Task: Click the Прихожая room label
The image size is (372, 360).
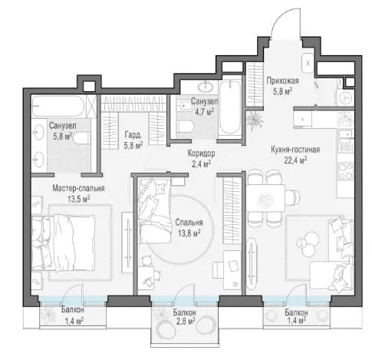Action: click(x=282, y=81)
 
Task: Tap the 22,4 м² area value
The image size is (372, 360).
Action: click(x=296, y=160)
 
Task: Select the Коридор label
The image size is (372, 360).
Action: click(x=201, y=154)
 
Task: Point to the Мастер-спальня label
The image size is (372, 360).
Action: click(x=78, y=188)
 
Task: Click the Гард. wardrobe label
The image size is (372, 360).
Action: click(x=133, y=134)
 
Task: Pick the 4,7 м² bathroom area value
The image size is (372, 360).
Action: click(x=202, y=112)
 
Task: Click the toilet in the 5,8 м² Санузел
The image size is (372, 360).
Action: click(x=81, y=138)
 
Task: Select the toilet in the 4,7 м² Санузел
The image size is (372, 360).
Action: click(x=186, y=127)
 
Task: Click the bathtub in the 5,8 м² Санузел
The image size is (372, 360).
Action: click(x=58, y=106)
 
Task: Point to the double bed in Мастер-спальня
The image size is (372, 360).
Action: click(x=64, y=243)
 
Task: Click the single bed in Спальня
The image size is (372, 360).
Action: click(x=155, y=210)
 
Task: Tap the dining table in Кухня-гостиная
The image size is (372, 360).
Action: click(x=265, y=197)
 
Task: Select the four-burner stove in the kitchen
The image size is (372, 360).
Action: click(x=345, y=170)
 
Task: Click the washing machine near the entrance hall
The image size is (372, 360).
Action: click(x=346, y=97)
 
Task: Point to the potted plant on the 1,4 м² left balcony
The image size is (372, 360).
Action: click(x=48, y=315)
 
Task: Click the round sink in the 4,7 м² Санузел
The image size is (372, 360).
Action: click(x=206, y=86)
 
